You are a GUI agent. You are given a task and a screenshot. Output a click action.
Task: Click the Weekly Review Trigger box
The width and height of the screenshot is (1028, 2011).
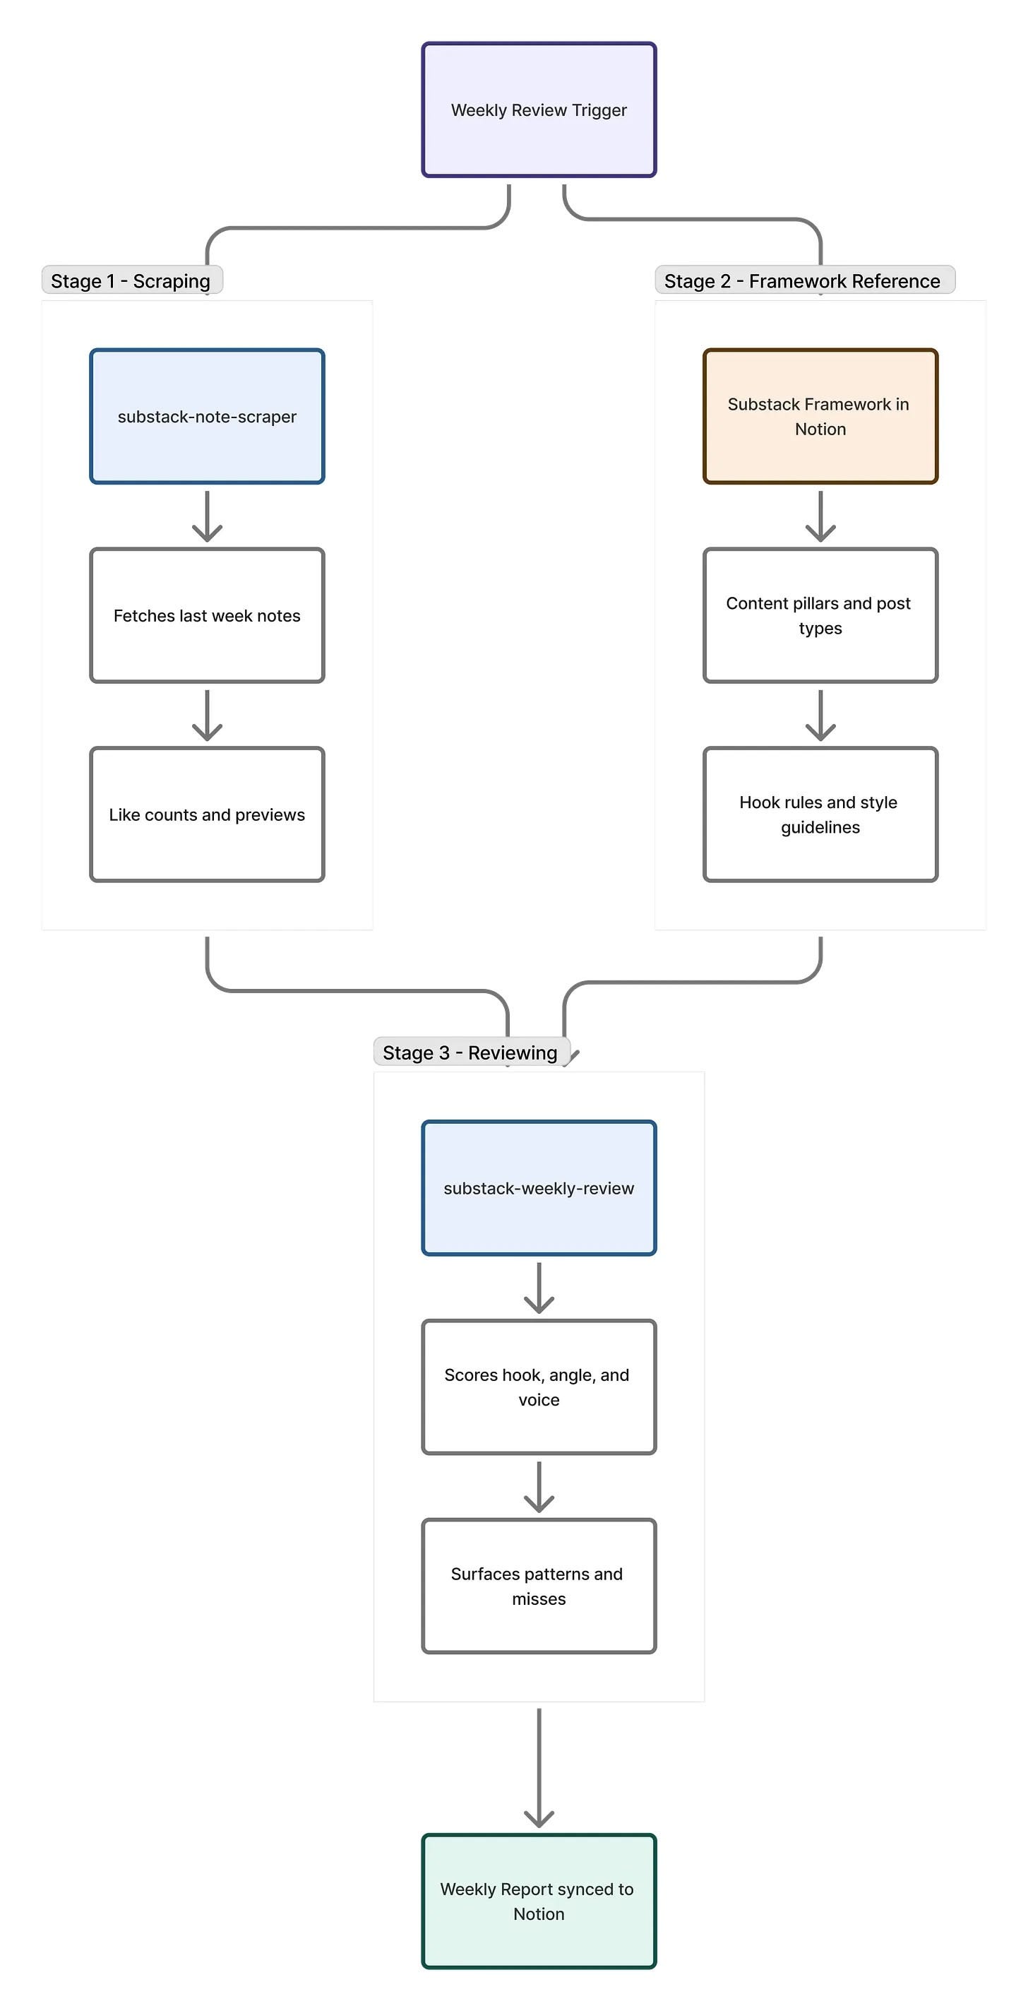539,110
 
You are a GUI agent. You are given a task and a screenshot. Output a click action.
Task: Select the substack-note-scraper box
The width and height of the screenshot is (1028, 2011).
207,416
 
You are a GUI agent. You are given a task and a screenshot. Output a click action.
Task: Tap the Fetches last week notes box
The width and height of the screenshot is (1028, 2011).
207,615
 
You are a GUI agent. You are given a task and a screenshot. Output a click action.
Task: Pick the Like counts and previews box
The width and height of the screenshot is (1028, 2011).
207,814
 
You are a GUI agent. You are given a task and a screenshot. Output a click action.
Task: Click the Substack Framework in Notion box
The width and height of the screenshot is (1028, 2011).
820,416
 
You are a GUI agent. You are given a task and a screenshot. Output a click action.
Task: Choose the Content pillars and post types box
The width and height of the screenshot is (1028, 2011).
820,615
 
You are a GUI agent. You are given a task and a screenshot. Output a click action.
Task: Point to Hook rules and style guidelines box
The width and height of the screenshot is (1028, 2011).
820,814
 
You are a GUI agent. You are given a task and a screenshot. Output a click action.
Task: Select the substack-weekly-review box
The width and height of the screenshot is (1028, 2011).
539,1187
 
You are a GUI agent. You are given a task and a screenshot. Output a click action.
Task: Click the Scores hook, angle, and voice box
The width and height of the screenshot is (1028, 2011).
539,1387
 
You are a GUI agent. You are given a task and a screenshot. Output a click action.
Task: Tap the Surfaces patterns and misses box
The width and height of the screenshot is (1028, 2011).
539,1586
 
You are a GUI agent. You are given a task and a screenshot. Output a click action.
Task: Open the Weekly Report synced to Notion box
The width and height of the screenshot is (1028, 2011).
539,1901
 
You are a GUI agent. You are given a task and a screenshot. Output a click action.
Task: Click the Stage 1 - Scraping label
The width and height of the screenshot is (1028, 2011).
132,280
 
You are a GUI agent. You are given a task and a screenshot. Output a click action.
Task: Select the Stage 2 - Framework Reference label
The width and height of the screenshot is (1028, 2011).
805,280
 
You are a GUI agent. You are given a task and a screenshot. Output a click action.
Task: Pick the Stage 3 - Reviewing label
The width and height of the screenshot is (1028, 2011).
472,1052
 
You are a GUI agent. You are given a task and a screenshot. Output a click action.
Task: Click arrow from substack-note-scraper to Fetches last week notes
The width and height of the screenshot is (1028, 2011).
207,516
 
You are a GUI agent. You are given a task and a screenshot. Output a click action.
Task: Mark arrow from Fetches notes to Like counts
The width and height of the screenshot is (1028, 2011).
207,715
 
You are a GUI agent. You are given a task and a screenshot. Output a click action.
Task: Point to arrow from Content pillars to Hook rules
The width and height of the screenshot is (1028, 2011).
820,715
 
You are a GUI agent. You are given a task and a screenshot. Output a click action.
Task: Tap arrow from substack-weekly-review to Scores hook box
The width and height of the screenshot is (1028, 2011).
539,1287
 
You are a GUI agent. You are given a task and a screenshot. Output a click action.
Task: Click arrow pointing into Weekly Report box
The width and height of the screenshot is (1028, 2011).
539,1767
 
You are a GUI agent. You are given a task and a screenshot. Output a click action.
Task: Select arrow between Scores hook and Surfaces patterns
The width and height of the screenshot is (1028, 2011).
539,1486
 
